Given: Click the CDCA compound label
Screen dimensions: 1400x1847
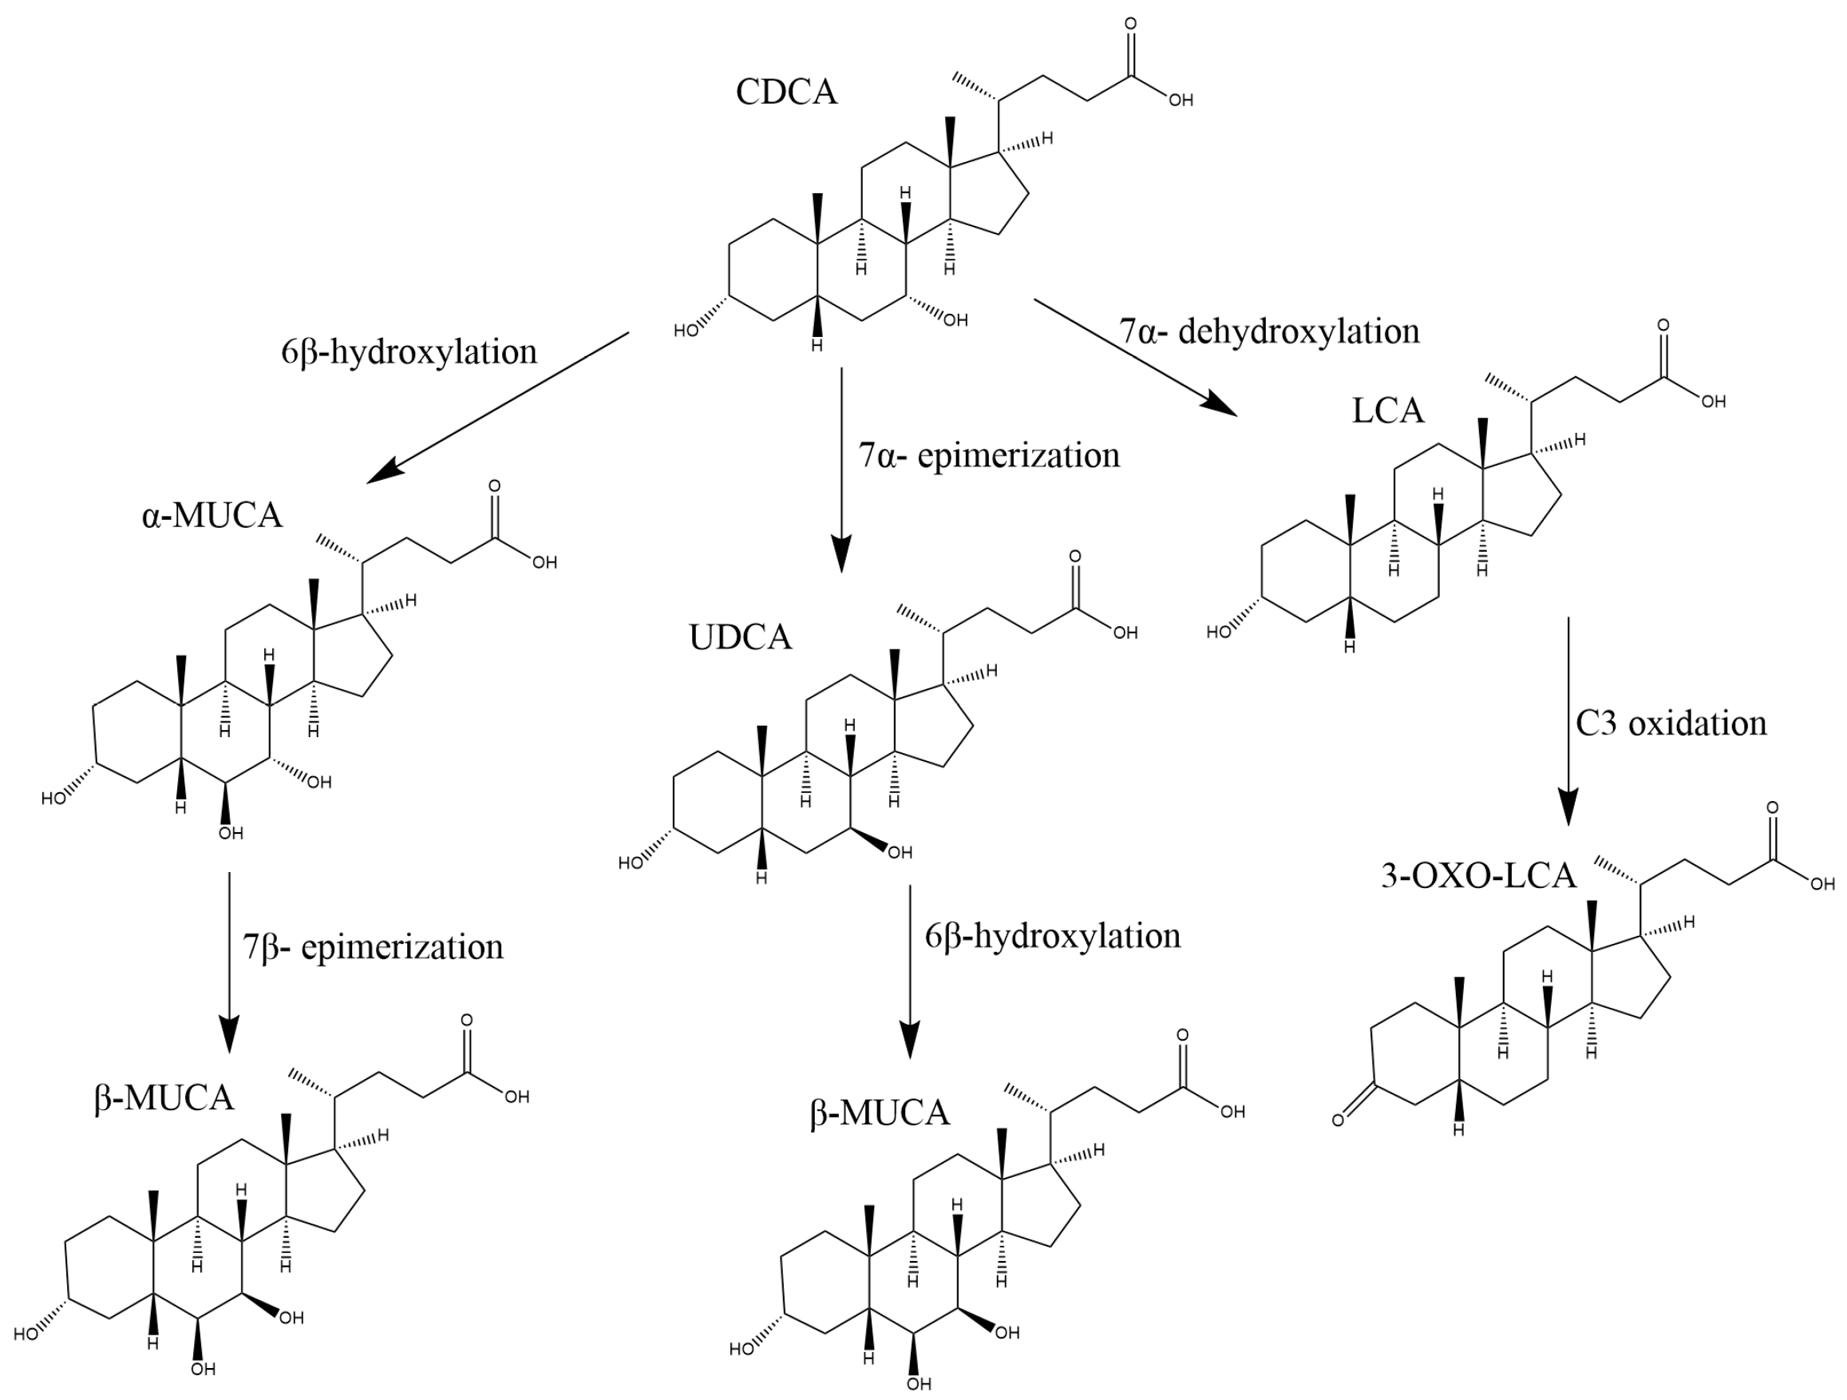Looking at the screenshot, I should pos(785,92).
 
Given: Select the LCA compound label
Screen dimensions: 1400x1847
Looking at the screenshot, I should pos(1388,411).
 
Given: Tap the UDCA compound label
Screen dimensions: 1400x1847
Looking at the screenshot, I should pos(740,637).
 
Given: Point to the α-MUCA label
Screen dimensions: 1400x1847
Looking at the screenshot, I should pos(212,515).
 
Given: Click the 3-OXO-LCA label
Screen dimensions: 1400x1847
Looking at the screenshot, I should pos(1478,875).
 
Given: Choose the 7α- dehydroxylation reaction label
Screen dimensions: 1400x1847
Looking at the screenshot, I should pos(1269,331).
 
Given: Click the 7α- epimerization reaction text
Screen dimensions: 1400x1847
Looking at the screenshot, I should pos(989,456).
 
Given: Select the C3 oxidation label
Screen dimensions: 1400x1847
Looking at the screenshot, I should pos(1671,724).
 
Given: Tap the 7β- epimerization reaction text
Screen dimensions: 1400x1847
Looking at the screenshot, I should pos(373,947).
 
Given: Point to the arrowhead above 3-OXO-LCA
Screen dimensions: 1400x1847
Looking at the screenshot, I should pos(1568,806).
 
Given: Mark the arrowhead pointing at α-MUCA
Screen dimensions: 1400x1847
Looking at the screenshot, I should pos(384,473).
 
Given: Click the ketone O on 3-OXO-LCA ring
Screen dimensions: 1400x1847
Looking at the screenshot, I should pos(1338,1120).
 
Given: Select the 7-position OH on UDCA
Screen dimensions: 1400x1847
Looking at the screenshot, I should pos(900,853).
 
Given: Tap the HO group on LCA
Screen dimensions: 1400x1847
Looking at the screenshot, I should pos(1218,633).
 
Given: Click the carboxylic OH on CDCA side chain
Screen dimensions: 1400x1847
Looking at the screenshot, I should pos(1181,101).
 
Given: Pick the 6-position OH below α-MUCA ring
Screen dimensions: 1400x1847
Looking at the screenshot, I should pos(231,833).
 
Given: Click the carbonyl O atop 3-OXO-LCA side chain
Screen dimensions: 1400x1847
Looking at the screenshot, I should pos(1772,807).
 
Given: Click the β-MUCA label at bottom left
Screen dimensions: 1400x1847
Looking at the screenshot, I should pos(164,1097).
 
